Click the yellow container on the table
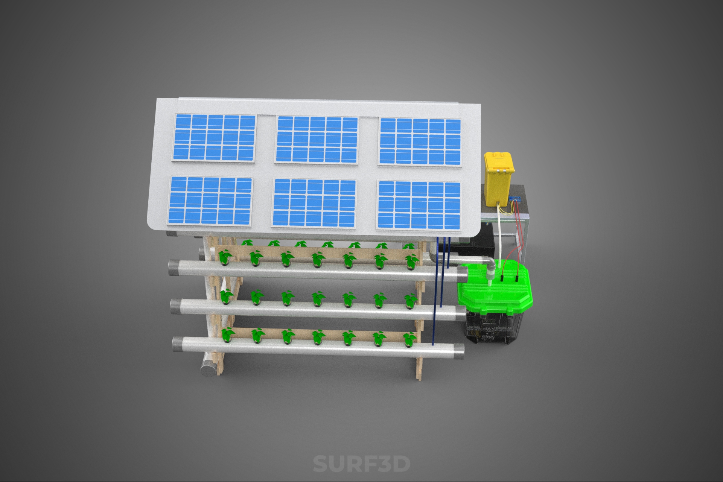[499, 179]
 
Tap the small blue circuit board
[515, 199]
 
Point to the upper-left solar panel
[215, 138]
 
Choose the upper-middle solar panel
[317, 140]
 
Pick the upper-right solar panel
[420, 141]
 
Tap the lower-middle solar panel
[314, 203]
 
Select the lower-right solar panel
[419, 205]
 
